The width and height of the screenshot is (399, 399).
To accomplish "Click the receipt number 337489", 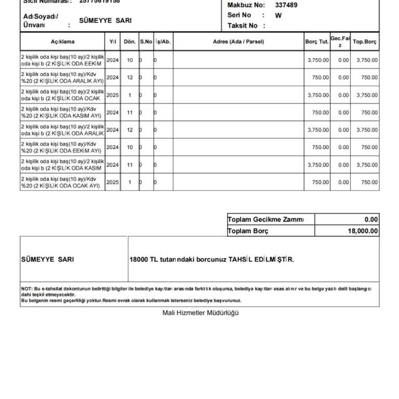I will tap(286, 5).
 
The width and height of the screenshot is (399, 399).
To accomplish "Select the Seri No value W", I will tap(278, 16).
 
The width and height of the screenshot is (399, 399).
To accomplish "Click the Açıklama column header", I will tap(62, 42).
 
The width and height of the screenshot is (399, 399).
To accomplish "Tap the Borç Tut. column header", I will tap(317, 42).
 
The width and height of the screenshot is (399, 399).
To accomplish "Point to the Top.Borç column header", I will tap(365, 42).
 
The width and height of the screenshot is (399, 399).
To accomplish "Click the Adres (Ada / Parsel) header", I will tap(238, 42).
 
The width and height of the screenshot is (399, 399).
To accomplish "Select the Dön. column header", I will tap(130, 42).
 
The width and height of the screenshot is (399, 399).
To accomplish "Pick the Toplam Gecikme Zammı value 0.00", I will tap(371, 220).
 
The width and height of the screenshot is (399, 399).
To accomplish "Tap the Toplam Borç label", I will tap(248, 231).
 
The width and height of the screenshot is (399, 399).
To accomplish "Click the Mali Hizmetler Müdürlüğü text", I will tap(201, 313).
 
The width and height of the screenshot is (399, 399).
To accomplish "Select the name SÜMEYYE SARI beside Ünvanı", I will tap(105, 21).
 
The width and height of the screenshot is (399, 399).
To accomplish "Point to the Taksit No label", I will tap(243, 25).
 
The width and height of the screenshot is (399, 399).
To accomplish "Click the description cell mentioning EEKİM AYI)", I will tap(62, 148).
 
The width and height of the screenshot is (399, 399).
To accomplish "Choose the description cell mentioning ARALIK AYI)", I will tap(62, 77).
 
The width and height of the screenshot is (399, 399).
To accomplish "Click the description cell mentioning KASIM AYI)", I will tap(62, 112).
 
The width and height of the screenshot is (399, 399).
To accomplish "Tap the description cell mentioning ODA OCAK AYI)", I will tap(62, 182).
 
